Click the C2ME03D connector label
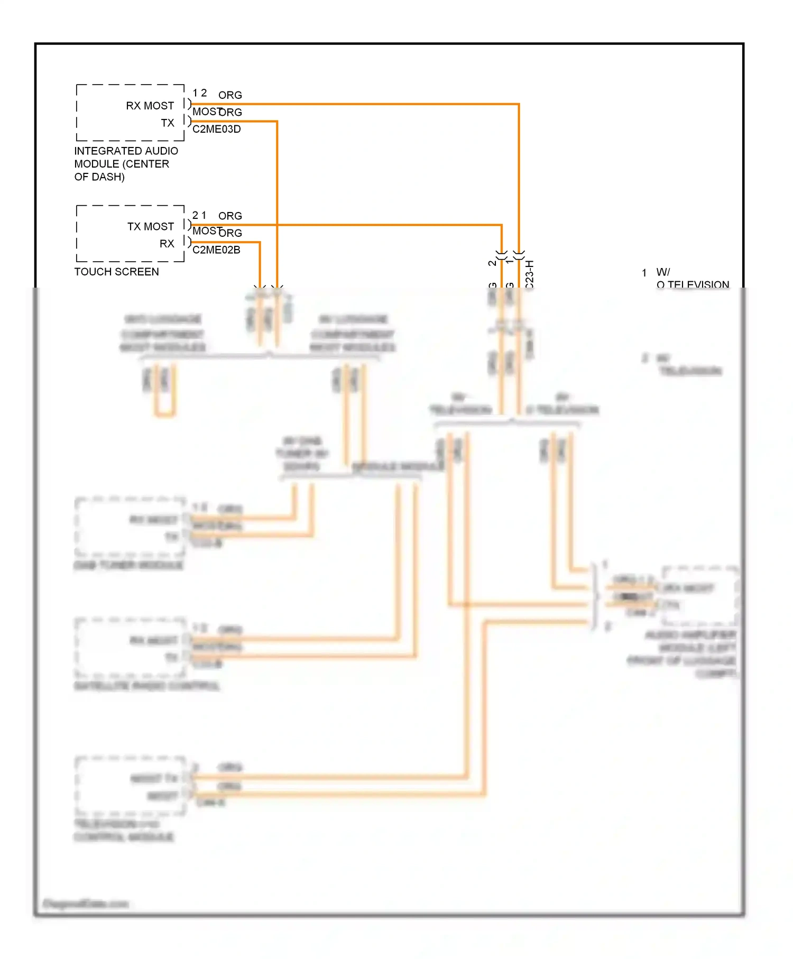click(216, 129)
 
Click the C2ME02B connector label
click(216, 250)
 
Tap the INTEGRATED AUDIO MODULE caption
click(126, 164)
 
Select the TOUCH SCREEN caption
click(116, 272)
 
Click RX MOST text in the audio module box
click(150, 106)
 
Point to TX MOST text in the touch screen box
click(150, 226)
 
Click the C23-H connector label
click(530, 274)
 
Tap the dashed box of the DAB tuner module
click(130, 527)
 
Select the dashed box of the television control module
click(130, 786)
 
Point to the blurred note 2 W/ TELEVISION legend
click(687, 365)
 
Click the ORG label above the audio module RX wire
click(230, 95)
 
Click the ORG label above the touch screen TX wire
click(230, 216)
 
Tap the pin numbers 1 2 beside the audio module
click(199, 93)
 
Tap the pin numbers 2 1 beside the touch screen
click(199, 215)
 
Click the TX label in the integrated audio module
click(168, 123)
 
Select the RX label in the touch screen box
click(167, 244)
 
